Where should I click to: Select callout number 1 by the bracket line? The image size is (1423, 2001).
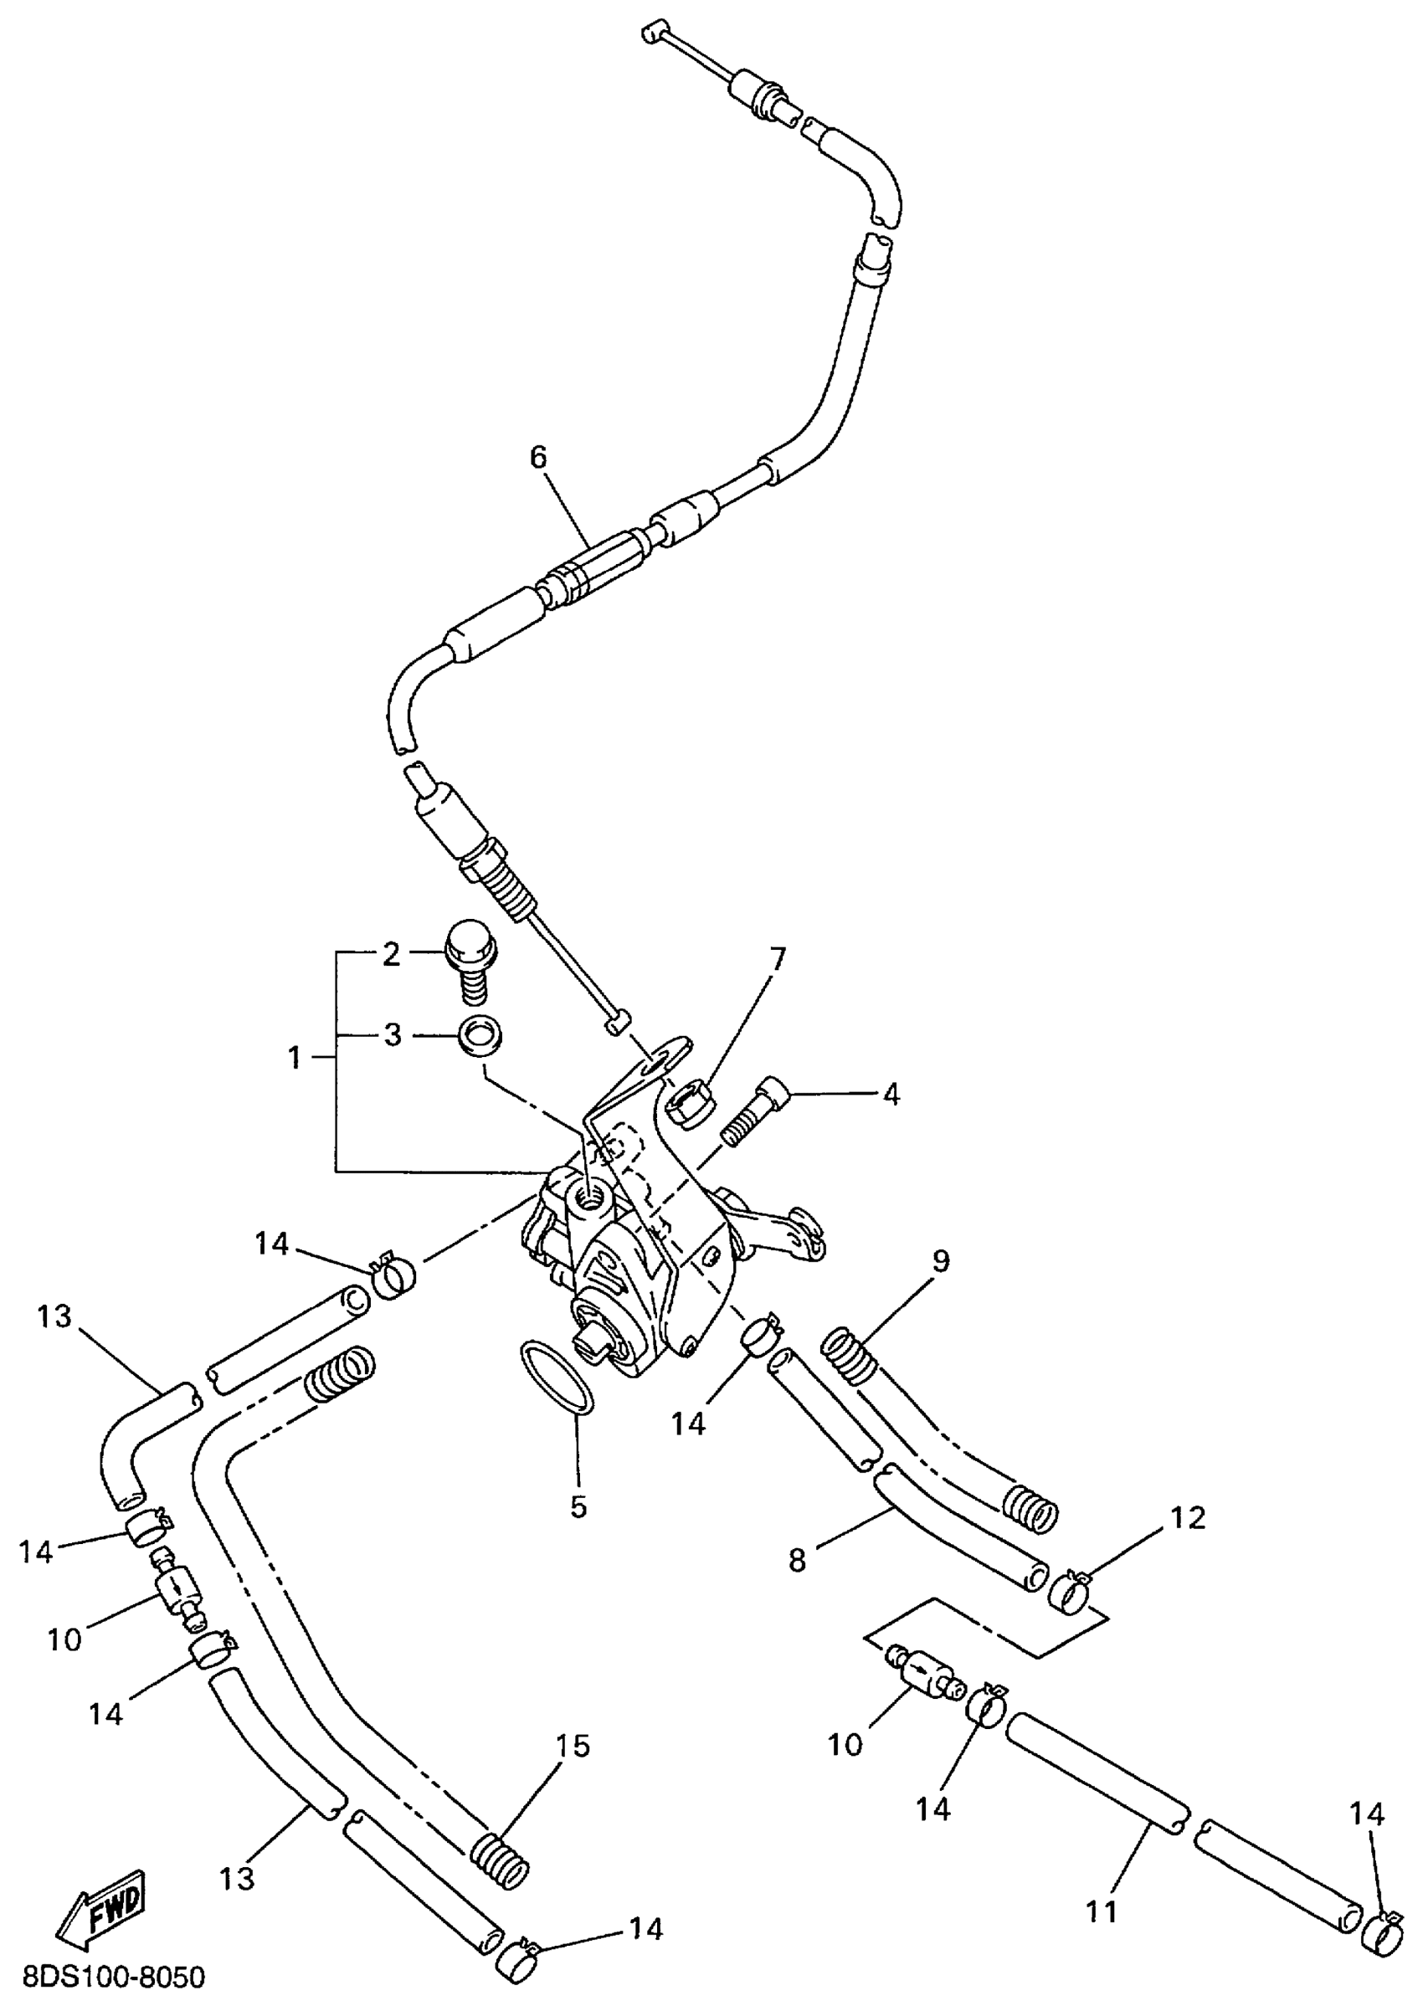coord(295,1059)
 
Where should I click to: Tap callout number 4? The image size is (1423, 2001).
coord(891,1095)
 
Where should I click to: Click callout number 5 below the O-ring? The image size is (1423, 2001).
coord(578,1507)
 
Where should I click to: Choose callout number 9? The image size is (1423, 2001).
coord(941,1260)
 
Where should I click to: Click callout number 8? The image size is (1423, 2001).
coord(797,1560)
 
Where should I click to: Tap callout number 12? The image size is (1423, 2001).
coord(1187,1517)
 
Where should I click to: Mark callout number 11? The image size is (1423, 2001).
coord(1102,1911)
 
